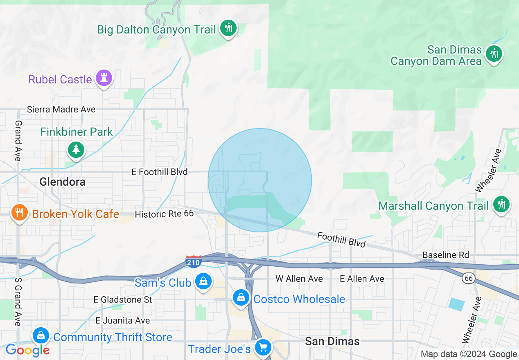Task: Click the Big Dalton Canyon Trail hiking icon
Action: tap(228, 28)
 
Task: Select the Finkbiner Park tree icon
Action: tap(76, 149)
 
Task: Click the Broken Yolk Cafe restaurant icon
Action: tap(18, 213)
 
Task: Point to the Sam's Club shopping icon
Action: tap(203, 281)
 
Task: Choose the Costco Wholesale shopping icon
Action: tap(241, 298)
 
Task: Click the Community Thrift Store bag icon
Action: tap(41, 336)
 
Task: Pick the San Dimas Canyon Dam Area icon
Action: tap(494, 54)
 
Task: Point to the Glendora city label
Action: tap(63, 182)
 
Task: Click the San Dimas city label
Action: tap(332, 341)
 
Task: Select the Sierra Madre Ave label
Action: tap(61, 109)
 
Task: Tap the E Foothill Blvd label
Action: tap(159, 172)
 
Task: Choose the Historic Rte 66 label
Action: tap(164, 214)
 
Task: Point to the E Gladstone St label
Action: tap(123, 299)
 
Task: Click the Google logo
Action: tap(27, 350)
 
